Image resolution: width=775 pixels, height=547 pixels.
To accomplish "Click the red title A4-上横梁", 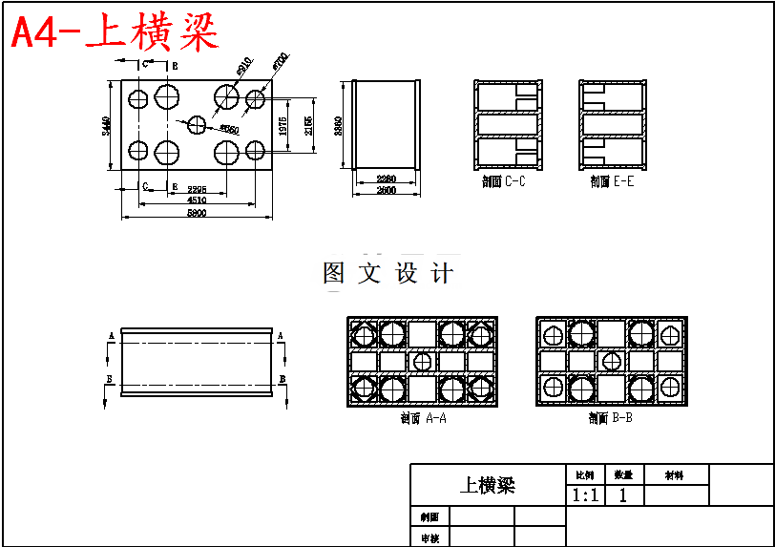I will tap(115, 33).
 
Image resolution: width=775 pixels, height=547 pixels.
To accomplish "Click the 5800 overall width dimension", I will tap(197, 213).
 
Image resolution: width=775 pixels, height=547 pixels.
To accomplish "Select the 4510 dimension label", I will tap(197, 200).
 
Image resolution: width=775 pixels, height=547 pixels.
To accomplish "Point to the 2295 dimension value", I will tap(198, 189).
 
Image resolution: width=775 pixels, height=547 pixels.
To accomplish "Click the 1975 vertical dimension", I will tap(283, 129).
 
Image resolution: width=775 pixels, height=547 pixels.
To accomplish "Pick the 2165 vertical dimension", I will tap(307, 127).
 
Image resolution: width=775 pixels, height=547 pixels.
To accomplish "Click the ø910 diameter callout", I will tap(242, 67).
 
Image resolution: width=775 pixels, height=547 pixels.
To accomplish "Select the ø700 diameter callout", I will tap(279, 60).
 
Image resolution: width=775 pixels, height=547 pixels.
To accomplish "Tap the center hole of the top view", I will tap(198, 124).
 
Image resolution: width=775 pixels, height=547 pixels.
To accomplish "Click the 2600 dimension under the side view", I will tap(386, 191).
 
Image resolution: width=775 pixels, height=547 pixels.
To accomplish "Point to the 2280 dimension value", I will tap(386, 179).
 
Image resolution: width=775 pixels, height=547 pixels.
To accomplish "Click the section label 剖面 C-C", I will tap(504, 181).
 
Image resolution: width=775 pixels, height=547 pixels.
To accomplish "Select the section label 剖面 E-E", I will tap(612, 181).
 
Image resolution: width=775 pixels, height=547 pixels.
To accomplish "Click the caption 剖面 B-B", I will tap(611, 418).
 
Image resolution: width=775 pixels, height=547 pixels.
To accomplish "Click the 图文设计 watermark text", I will tap(387, 274).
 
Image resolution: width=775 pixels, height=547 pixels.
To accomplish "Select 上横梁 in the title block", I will tap(488, 485).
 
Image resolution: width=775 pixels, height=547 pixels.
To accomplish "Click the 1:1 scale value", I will tap(585, 495).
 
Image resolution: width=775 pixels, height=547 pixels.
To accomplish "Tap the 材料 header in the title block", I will tap(675, 474).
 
